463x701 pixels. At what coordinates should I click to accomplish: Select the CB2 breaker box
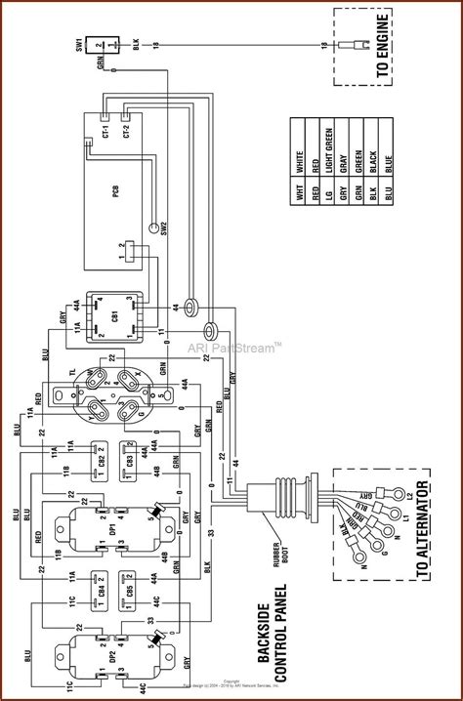pyautogui.click(x=98, y=459)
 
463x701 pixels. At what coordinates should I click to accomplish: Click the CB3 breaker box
pyautogui.click(x=126, y=459)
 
